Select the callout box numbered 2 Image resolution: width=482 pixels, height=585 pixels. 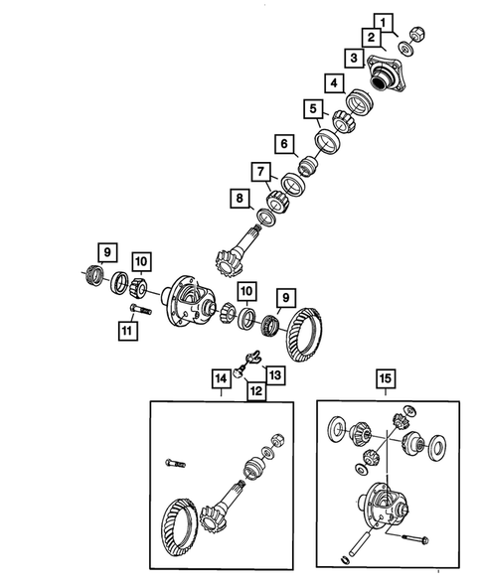369,38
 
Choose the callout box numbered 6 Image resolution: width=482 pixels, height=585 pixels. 284,145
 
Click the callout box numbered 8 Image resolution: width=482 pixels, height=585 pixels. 239,200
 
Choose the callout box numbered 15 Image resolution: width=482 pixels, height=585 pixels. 385,377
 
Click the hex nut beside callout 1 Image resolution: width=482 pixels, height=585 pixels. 417,31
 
